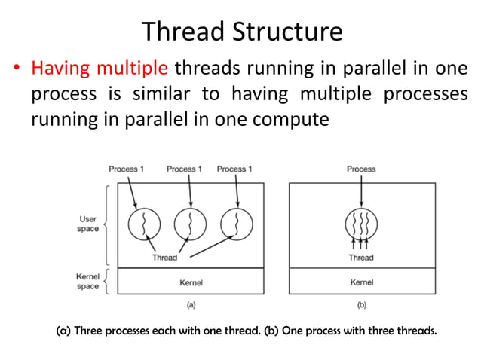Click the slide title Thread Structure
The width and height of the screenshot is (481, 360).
point(241,31)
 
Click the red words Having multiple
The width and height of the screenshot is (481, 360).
point(99,69)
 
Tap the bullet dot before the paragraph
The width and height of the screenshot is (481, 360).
point(16,70)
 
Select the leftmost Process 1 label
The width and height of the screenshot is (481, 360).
point(127,169)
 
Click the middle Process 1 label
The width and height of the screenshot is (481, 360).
point(184,169)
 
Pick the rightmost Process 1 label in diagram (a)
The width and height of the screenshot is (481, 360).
point(234,169)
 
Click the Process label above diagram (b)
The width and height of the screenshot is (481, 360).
point(361,169)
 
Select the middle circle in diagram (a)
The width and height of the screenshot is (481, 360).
point(190,224)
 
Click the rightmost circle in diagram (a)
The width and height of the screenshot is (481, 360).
point(236,224)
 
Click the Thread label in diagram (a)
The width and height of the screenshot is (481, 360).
point(164,258)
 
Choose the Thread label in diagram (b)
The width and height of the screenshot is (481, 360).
point(361,258)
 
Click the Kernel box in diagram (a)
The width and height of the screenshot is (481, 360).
point(191,282)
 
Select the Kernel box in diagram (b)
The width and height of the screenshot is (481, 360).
point(361,282)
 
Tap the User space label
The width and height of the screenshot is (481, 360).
point(87,224)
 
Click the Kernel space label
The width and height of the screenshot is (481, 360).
point(87,282)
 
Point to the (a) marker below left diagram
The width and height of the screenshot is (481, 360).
point(191,306)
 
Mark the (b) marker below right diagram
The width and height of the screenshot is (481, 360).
point(361,306)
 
